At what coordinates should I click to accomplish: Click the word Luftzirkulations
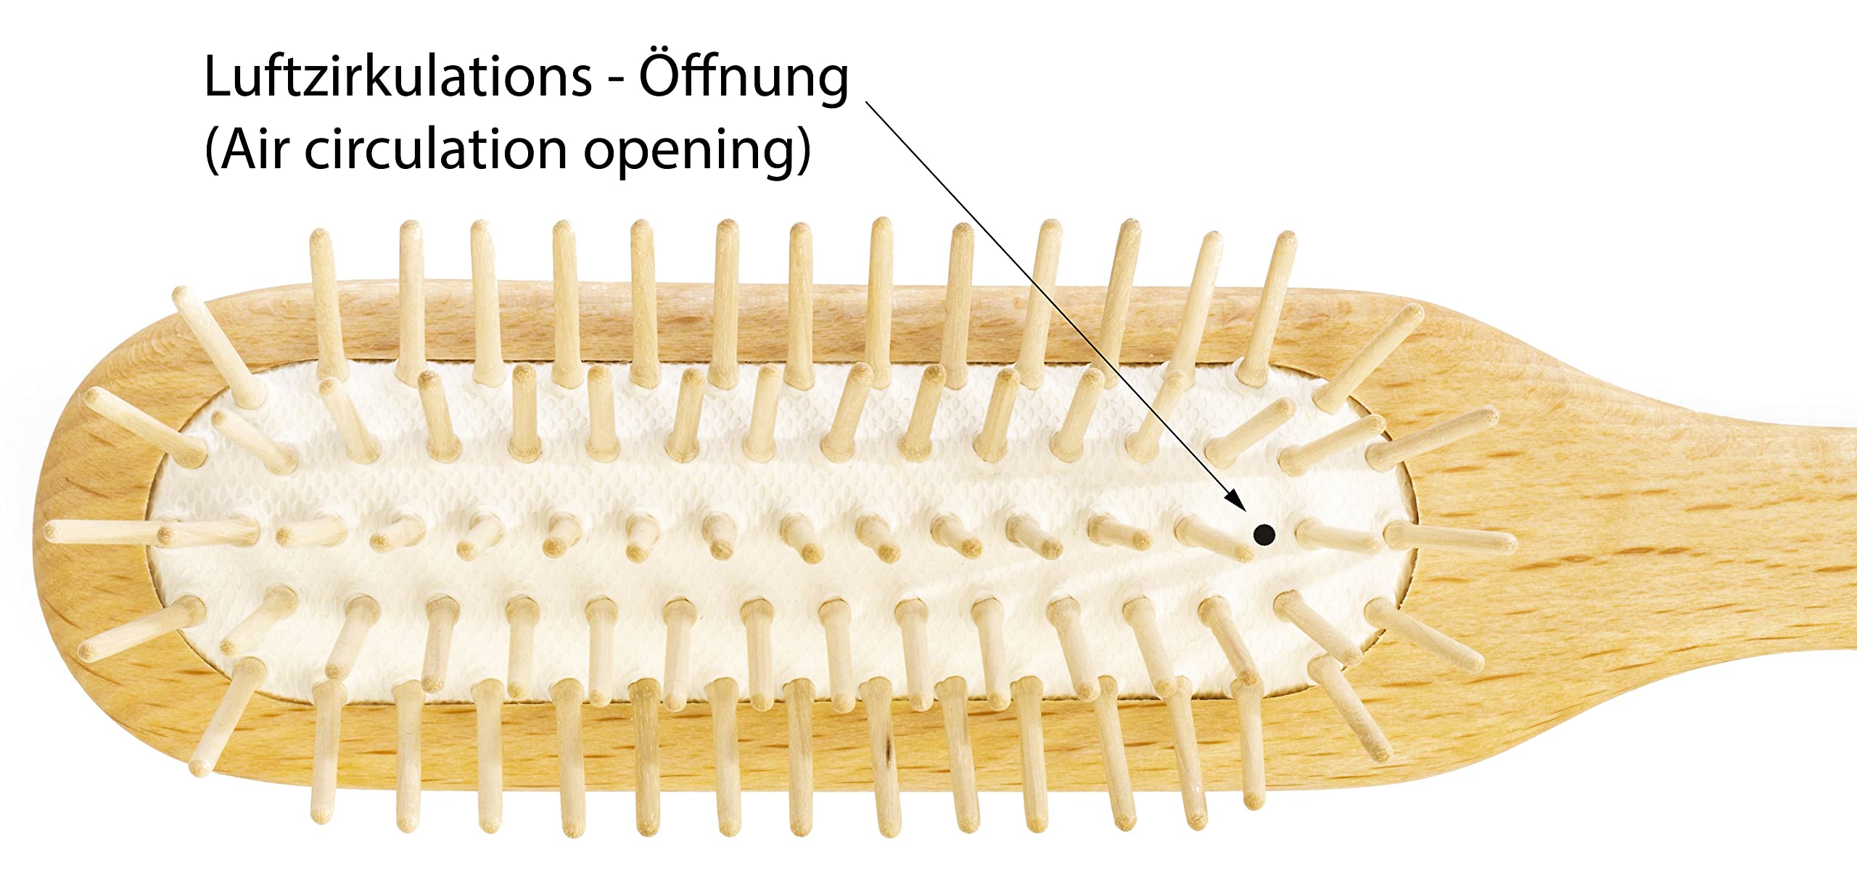[x=398, y=78]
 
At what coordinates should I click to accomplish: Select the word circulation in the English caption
[x=435, y=150]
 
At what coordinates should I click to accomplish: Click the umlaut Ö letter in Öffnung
[x=662, y=75]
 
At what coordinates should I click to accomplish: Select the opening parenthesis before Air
[x=213, y=152]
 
